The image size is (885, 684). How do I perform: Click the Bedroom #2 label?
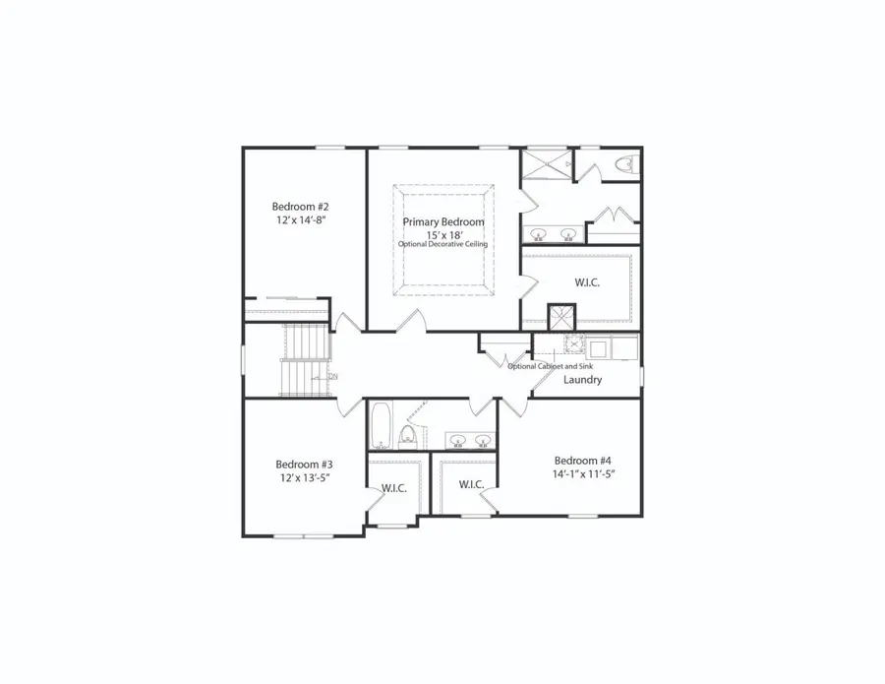[x=300, y=207]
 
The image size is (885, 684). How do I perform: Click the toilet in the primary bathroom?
[x=623, y=164]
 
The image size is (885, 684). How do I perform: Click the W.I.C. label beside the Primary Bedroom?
[x=587, y=282]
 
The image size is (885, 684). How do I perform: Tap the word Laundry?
[x=582, y=379]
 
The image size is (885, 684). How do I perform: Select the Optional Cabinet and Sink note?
[x=551, y=366]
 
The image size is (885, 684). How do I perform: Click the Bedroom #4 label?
[x=583, y=461]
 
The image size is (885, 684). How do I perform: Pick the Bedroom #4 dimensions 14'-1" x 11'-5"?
[x=583, y=474]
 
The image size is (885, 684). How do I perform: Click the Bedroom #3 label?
[x=304, y=465]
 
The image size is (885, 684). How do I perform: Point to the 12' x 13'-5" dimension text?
[x=304, y=478]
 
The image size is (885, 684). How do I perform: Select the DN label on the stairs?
[x=333, y=376]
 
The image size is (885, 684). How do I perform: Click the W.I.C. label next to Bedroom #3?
[x=394, y=487]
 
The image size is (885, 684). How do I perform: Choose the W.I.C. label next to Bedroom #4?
[x=470, y=484]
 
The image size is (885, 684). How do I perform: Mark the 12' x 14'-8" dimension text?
[x=300, y=220]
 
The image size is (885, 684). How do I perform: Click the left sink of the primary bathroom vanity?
[x=539, y=234]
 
